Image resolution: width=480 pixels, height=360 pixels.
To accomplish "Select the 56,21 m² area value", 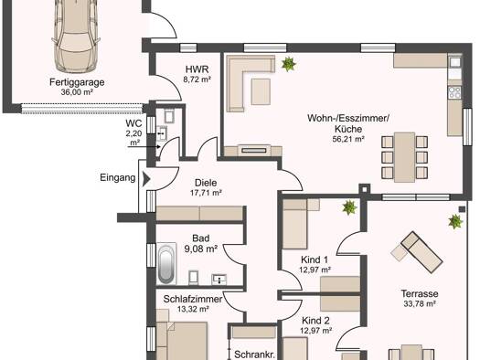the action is pos(348,139).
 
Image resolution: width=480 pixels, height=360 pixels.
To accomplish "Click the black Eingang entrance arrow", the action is pos(146,178).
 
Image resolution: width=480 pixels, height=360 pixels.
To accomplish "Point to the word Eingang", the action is pos(118,177).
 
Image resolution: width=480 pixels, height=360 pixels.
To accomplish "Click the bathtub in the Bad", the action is pos(166,264).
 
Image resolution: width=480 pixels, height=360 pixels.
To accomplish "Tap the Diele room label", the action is pos(206,183).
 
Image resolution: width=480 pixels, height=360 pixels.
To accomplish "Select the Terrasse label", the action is pos(420,293).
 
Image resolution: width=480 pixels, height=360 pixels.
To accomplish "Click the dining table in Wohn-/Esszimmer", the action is pos(404,157).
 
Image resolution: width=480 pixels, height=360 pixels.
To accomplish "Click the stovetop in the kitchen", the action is pos(454,92).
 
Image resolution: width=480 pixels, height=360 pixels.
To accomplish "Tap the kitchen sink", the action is pos(455,62).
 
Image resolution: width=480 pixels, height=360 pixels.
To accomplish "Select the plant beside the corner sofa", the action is pos(288,64).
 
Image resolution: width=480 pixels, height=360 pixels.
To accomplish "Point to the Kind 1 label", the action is pos(315,260).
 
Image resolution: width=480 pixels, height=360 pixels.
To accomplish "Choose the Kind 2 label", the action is pos(315,321).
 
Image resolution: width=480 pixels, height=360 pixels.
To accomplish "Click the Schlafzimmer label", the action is pos(193,299).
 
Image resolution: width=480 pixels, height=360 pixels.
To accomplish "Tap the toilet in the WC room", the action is pos(169,115).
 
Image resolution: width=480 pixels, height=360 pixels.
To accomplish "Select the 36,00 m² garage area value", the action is pos(77,91).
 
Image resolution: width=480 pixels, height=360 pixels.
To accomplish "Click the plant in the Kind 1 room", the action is pos(349,207).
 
